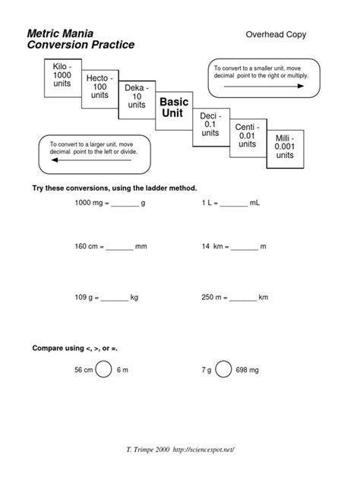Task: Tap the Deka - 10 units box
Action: [137, 98]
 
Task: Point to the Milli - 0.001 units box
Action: [284, 147]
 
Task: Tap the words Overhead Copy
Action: [276, 34]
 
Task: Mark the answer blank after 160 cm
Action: [119, 248]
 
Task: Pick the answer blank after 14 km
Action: [245, 248]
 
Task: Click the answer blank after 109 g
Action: [115, 299]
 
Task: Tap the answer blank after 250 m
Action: [243, 299]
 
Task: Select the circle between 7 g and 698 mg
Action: [224, 369]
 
